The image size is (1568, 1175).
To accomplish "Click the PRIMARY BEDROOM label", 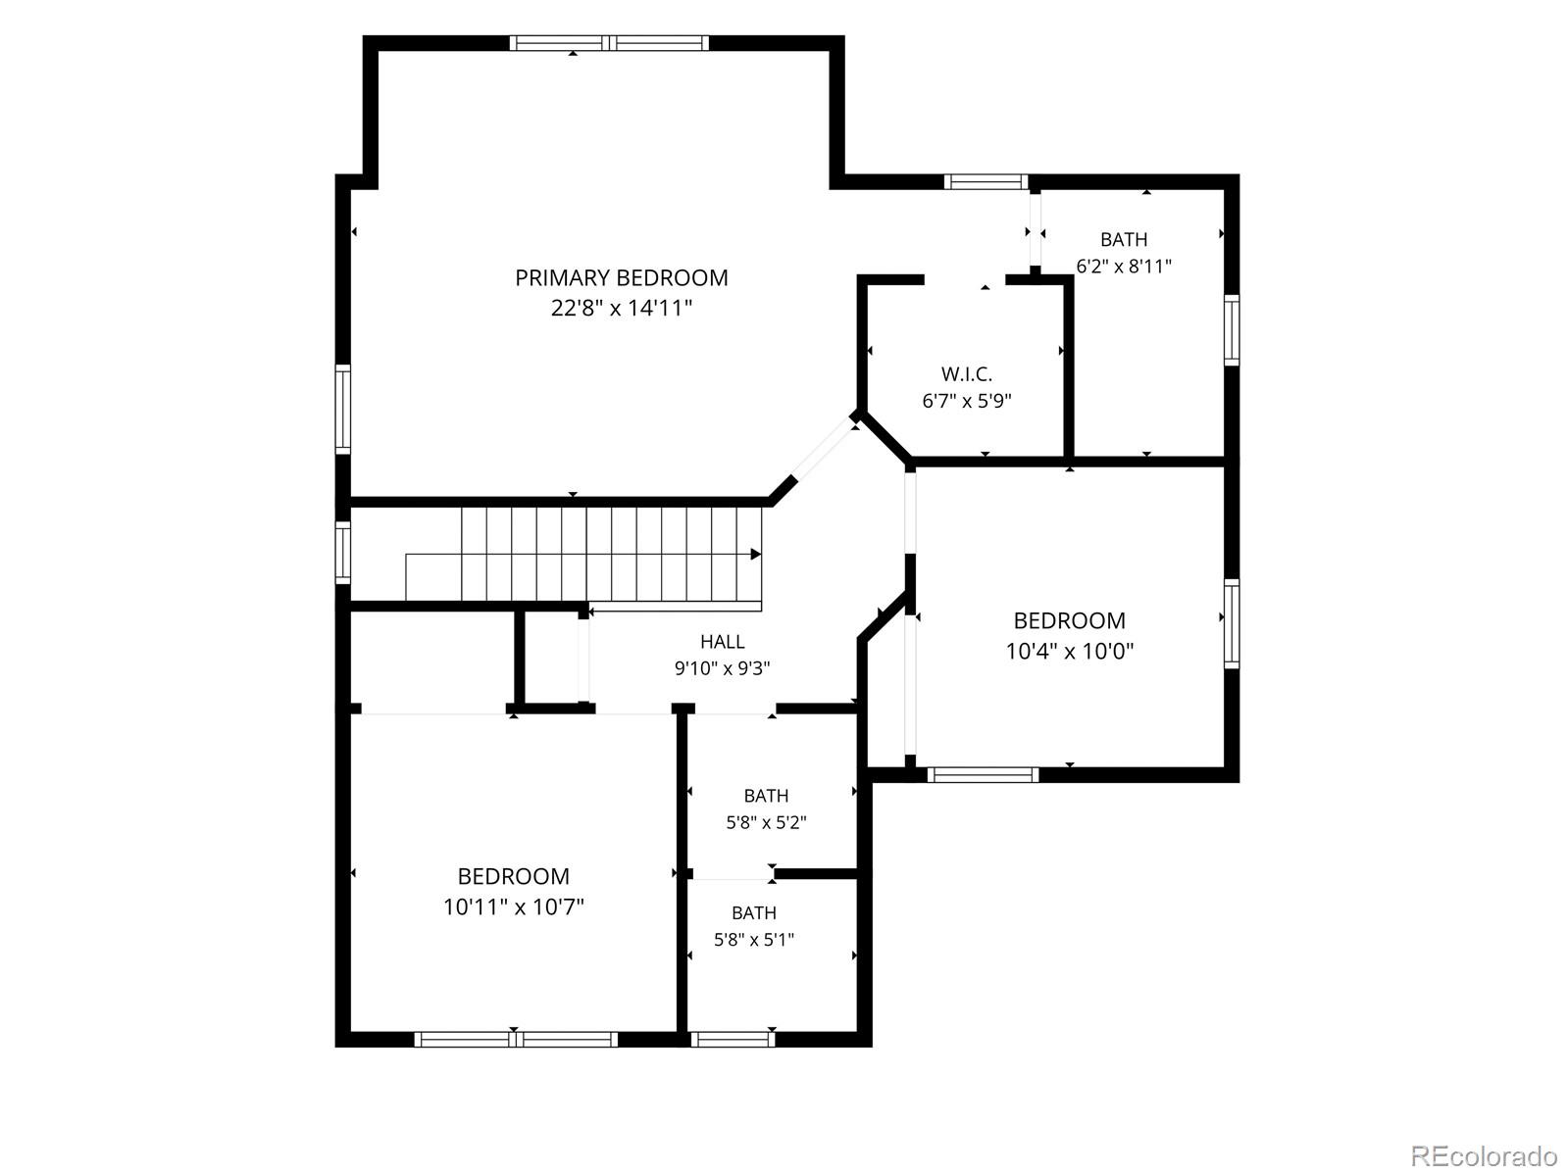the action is [x=622, y=277].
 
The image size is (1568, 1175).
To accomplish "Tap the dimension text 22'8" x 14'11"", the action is [x=622, y=308].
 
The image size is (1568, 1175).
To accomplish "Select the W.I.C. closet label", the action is [x=967, y=373].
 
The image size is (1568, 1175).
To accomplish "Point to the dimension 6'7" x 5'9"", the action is [x=967, y=401].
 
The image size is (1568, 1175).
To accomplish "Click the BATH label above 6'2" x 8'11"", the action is [x=1124, y=239].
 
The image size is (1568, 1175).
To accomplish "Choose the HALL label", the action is [x=722, y=642].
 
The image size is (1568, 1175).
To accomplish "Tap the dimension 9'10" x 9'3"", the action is [x=722, y=668].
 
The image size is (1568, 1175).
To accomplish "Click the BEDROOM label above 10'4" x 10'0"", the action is [x=1070, y=620].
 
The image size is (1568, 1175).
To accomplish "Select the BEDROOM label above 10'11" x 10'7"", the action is [x=514, y=876].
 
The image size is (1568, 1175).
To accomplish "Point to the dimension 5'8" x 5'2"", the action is [x=767, y=822].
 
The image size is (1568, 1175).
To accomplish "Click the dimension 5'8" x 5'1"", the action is [x=754, y=940].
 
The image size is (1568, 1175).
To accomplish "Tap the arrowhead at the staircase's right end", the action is [x=756, y=554].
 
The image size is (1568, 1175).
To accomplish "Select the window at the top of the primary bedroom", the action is [x=609, y=43].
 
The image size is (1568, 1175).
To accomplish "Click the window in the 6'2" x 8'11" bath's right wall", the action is [x=1232, y=330].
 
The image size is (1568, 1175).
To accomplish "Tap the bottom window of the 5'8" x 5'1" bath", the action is [x=733, y=1039].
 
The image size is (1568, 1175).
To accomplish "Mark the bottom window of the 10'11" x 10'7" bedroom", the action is [x=516, y=1039].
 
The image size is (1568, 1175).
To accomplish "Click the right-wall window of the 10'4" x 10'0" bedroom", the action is [x=1232, y=623].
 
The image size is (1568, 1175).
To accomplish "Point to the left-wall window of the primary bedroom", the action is [x=343, y=409].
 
